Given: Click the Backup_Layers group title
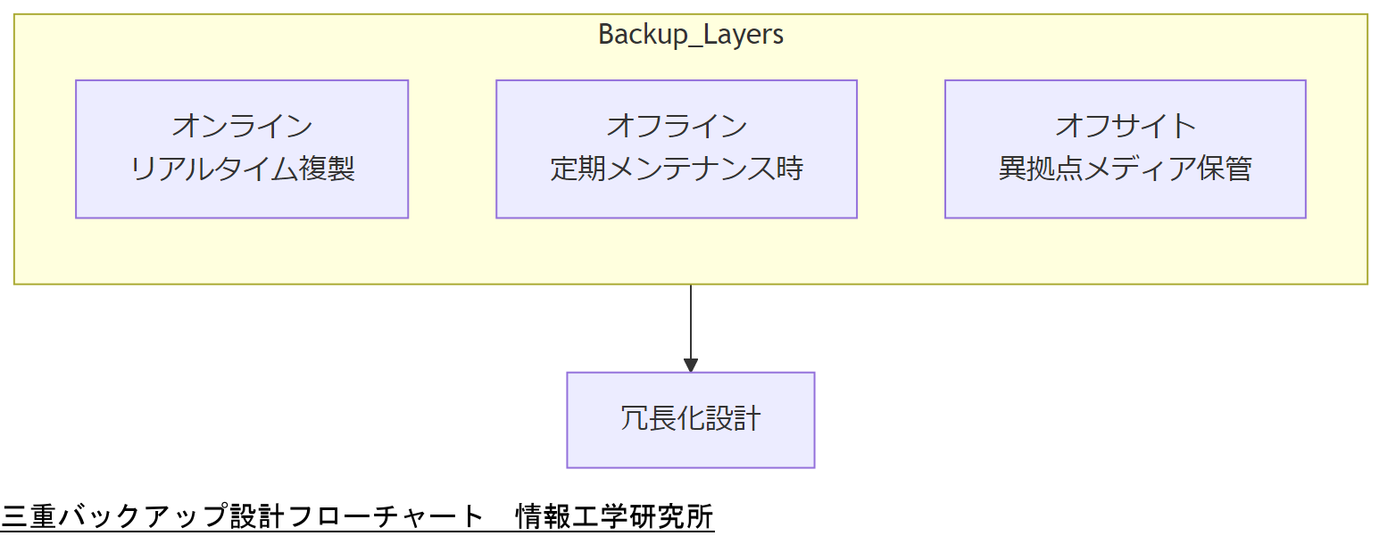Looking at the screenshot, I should pos(690,35).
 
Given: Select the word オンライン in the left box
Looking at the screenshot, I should pos(242,126).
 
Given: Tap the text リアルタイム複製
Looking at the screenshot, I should pos(242,169).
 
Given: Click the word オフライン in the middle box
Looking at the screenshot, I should pos(677,126).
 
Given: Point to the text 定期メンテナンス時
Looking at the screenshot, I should pos(677,169).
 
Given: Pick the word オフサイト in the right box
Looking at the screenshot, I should pos(1125,126).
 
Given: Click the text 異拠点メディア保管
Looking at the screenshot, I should pos(1125,169).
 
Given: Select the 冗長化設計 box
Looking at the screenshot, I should pos(690,419).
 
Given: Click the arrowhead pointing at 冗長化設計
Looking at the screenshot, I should pos(690,365).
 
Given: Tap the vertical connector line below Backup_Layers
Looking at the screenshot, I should pos(690,321).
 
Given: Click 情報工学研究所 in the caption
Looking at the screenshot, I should pos(615,516).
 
